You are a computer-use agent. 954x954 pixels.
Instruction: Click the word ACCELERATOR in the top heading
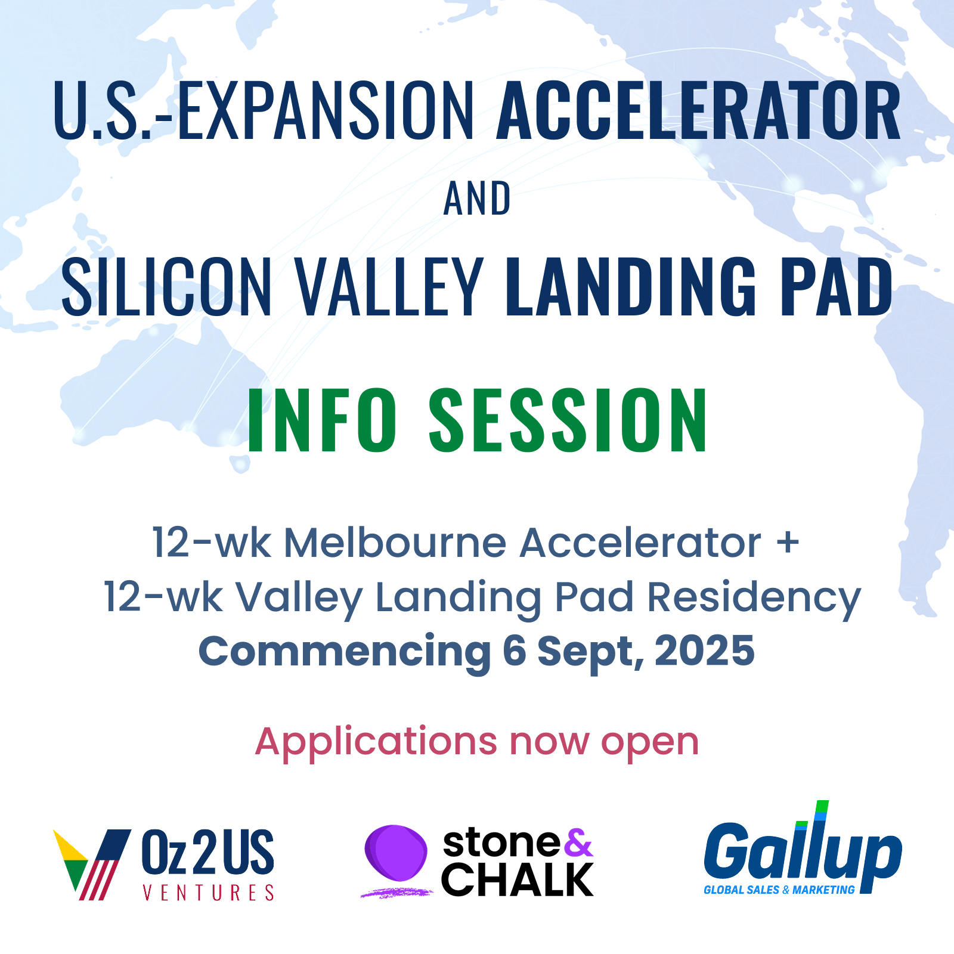pos(698,111)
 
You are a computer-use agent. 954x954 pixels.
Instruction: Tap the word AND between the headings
pos(477,199)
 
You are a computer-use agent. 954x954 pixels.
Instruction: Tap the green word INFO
pos(322,420)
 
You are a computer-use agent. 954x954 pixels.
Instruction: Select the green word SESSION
pos(568,420)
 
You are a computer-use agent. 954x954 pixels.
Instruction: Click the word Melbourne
pos(395,543)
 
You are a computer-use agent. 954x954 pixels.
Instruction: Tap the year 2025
pos(705,651)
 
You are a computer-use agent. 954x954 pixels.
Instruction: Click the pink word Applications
pos(376,743)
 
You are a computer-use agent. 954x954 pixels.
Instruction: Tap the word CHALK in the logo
pos(518,879)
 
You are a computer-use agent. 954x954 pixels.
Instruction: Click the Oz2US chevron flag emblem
pos(92,864)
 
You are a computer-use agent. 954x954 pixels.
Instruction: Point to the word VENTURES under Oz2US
pos(209,892)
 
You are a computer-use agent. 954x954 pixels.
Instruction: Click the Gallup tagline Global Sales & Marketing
pos(779,890)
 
